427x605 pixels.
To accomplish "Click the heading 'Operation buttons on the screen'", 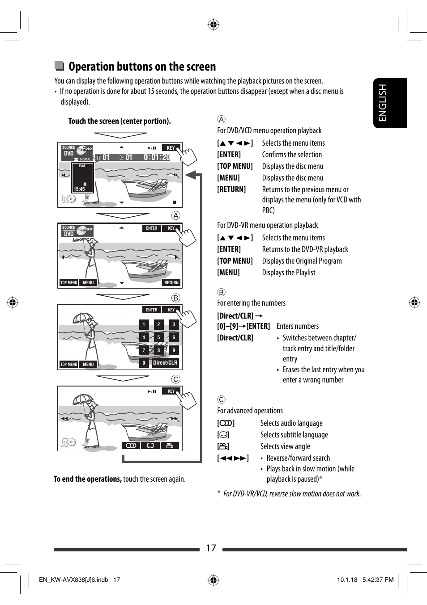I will (142, 67).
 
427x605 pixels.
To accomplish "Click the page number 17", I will (211, 548).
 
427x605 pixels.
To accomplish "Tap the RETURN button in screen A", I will (171, 282).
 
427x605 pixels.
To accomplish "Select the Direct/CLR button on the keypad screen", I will (165, 363).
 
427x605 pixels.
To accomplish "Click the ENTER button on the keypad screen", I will (152, 310).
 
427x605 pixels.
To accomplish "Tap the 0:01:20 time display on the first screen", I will (157, 157).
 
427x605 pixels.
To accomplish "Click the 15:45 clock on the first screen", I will (79, 189).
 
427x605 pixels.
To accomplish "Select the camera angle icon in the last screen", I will (170, 445).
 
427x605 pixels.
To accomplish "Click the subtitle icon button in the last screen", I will (150, 445).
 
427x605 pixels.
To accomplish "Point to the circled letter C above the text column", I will (221, 399).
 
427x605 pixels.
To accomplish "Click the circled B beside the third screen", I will (176, 298).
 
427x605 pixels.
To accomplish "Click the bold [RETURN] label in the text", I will (231, 189).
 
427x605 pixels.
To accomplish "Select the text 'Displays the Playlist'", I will (289, 273).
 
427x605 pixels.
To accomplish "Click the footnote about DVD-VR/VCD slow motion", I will (291, 494).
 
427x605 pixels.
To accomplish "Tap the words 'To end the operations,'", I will (88, 479).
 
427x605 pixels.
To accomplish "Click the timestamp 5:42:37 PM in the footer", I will (378, 580).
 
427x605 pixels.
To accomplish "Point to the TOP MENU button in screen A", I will (69, 282).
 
